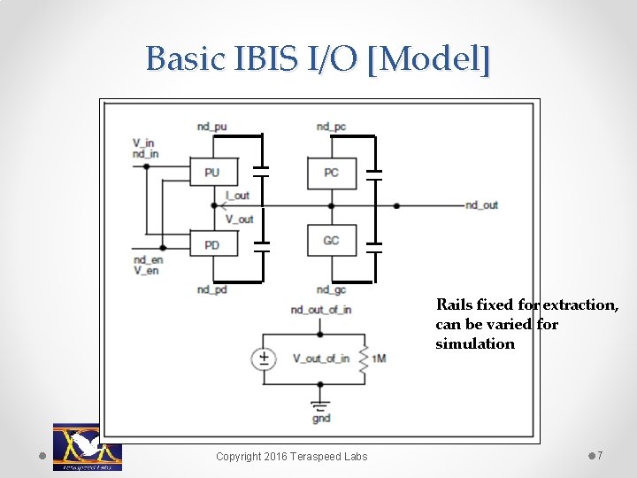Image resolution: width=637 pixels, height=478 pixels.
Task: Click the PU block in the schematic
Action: click(212, 173)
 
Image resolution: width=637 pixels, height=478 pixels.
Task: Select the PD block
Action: click(212, 244)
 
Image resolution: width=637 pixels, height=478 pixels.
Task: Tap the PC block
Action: click(331, 173)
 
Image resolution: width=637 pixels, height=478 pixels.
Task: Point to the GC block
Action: click(331, 240)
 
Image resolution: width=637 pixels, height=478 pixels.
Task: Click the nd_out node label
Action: click(481, 205)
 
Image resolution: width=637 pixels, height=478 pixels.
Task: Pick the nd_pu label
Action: click(211, 127)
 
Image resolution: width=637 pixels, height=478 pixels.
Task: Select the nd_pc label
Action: click(331, 127)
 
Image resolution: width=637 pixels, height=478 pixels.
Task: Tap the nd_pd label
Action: click(211, 289)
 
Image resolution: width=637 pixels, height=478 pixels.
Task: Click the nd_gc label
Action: click(331, 289)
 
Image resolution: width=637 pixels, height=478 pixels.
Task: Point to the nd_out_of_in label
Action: click(320, 309)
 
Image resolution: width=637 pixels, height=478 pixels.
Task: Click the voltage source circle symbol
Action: click(264, 358)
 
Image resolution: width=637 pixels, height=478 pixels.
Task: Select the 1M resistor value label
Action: click(379, 358)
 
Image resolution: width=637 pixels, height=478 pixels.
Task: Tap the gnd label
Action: click(320, 418)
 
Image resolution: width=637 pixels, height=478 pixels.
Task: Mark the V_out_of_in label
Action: click(320, 358)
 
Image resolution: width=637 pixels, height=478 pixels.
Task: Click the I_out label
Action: click(237, 195)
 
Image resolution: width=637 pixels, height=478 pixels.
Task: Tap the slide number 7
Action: click(600, 456)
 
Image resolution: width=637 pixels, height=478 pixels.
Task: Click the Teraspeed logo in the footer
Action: click(87, 447)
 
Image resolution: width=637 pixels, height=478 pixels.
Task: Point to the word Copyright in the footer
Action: click(239, 457)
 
